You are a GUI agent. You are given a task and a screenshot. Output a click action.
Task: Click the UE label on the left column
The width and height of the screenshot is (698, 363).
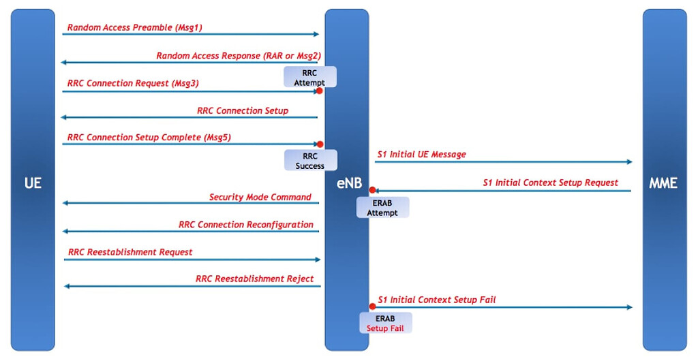tap(32, 183)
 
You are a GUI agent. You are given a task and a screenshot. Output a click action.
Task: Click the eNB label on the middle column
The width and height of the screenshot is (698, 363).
tap(347, 183)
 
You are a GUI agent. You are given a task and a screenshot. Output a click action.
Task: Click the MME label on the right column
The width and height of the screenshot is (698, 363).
tap(664, 183)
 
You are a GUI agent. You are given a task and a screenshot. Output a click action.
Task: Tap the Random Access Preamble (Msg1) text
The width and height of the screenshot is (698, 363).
tap(134, 28)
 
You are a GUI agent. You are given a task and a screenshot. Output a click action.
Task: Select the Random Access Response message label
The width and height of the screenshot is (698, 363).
tap(238, 56)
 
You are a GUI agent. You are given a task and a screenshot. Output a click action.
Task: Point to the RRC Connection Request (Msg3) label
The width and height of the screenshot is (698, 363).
tap(133, 83)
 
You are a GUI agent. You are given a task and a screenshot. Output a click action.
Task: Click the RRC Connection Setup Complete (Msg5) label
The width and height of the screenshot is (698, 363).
tap(149, 138)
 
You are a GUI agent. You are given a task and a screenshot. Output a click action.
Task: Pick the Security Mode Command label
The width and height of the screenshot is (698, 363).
tap(260, 198)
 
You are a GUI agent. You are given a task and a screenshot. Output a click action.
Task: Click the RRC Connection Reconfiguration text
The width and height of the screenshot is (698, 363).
tap(245, 225)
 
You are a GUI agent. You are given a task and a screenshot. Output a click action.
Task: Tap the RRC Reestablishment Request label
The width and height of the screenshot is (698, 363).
tap(130, 252)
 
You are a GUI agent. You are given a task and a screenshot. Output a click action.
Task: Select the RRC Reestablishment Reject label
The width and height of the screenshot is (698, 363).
tap(254, 279)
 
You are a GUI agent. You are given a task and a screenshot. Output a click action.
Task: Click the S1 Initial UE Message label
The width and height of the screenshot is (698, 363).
tap(421, 155)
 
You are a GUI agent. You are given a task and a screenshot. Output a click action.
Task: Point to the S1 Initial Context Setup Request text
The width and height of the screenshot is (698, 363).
tap(550, 183)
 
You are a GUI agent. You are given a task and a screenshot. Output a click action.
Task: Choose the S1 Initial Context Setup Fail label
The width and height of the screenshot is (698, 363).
tap(436, 300)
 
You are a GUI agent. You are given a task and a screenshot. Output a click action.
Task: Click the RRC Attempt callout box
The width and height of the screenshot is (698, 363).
tap(310, 78)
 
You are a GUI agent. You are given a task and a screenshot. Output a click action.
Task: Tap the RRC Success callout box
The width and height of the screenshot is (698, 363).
tap(310, 161)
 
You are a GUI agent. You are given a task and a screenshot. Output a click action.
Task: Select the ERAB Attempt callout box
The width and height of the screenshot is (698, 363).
tap(382, 208)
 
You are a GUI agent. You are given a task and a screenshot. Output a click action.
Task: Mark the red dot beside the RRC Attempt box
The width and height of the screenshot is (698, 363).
tap(319, 91)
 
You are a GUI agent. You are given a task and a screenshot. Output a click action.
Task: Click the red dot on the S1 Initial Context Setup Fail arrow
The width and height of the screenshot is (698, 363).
tap(372, 307)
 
